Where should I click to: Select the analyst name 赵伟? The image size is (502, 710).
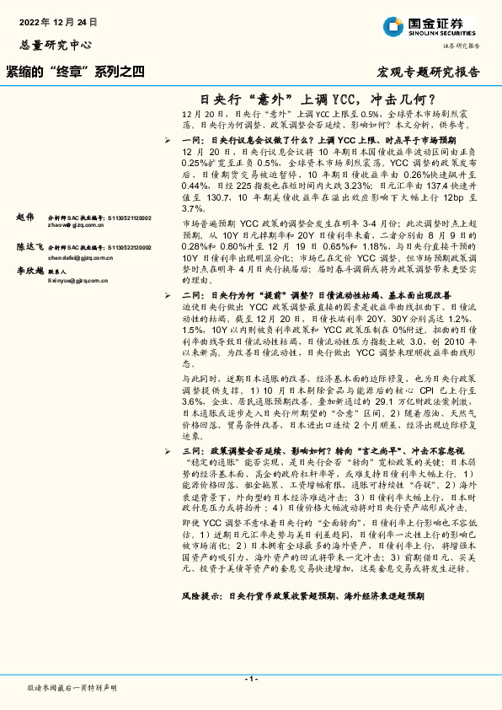point(26,218)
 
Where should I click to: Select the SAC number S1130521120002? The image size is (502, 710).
point(126,218)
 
